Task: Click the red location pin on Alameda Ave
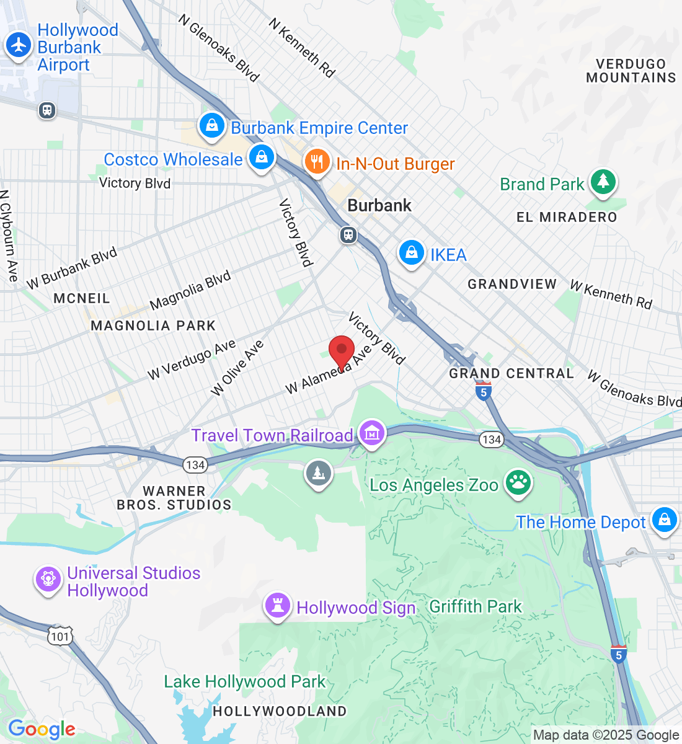341,350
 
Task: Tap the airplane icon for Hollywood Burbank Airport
19,45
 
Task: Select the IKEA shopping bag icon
411,253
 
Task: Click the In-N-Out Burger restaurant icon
317,162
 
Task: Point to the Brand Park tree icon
602,182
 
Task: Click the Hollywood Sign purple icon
277,606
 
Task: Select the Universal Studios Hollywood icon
48,580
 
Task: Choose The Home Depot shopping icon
664,520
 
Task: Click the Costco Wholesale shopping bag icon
262,157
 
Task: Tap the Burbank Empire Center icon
212,126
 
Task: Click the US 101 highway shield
61,637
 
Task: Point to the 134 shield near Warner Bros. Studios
195,464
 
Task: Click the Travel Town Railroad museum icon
372,433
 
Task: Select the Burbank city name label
379,205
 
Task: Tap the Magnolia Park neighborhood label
153,325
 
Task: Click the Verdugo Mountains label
631,71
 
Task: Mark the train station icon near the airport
47,110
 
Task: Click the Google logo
42,730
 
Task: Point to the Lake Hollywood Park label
244,682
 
